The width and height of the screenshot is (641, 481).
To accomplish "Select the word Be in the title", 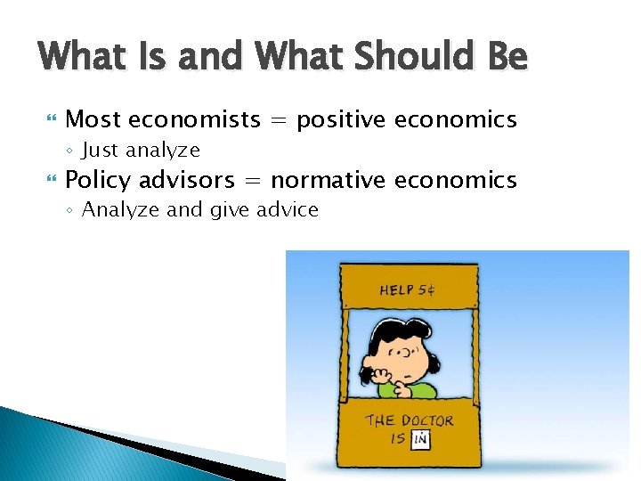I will pyautogui.click(x=507, y=58).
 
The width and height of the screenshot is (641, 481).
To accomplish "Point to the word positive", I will pyautogui.click(x=341, y=120).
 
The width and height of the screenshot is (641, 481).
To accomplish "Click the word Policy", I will pyautogui.click(x=97, y=181).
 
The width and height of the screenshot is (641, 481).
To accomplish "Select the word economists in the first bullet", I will pyautogui.click(x=194, y=119).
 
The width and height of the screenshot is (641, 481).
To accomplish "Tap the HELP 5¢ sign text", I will pyautogui.click(x=407, y=289).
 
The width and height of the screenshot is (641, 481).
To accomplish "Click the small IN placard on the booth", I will pyautogui.click(x=421, y=438).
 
